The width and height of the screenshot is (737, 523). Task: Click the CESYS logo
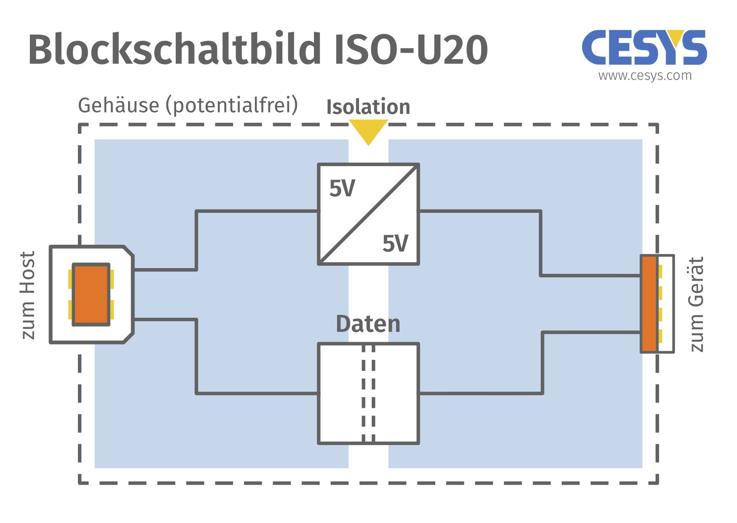pyautogui.click(x=644, y=48)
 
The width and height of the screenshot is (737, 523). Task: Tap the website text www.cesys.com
pyautogui.click(x=645, y=76)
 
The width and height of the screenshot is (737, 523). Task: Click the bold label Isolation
pyautogui.click(x=368, y=107)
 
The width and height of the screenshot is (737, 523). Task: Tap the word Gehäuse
pyautogui.click(x=118, y=105)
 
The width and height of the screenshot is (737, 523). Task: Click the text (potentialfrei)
pyautogui.click(x=232, y=105)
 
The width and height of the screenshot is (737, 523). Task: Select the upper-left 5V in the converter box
pyautogui.click(x=342, y=188)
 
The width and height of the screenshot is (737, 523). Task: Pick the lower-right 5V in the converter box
pyautogui.click(x=395, y=244)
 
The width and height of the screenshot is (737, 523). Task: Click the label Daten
pyautogui.click(x=368, y=324)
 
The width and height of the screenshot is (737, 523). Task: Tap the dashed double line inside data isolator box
pyautogui.click(x=368, y=393)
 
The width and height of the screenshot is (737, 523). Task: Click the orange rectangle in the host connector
pyautogui.click(x=91, y=295)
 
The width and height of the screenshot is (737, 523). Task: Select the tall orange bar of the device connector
pyautogui.click(x=649, y=304)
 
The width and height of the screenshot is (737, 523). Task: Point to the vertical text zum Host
pyautogui.click(x=28, y=295)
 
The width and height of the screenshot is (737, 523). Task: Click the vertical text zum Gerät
pyautogui.click(x=696, y=304)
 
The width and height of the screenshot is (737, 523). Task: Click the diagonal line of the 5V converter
pyautogui.click(x=368, y=214)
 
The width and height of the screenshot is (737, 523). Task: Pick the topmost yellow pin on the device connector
pyautogui.click(x=660, y=271)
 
